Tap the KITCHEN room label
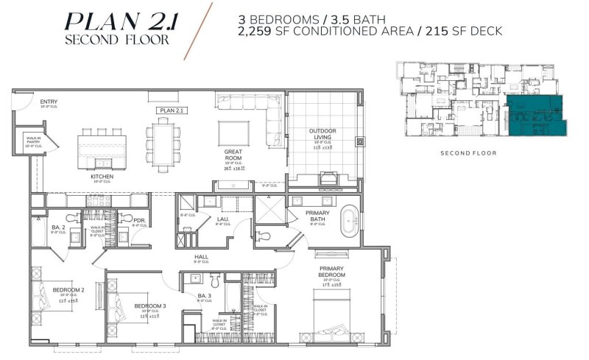click(100, 176)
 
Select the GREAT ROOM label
click(233, 156)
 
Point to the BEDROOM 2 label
click(68, 289)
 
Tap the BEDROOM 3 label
click(150, 306)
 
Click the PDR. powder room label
click(138, 219)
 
